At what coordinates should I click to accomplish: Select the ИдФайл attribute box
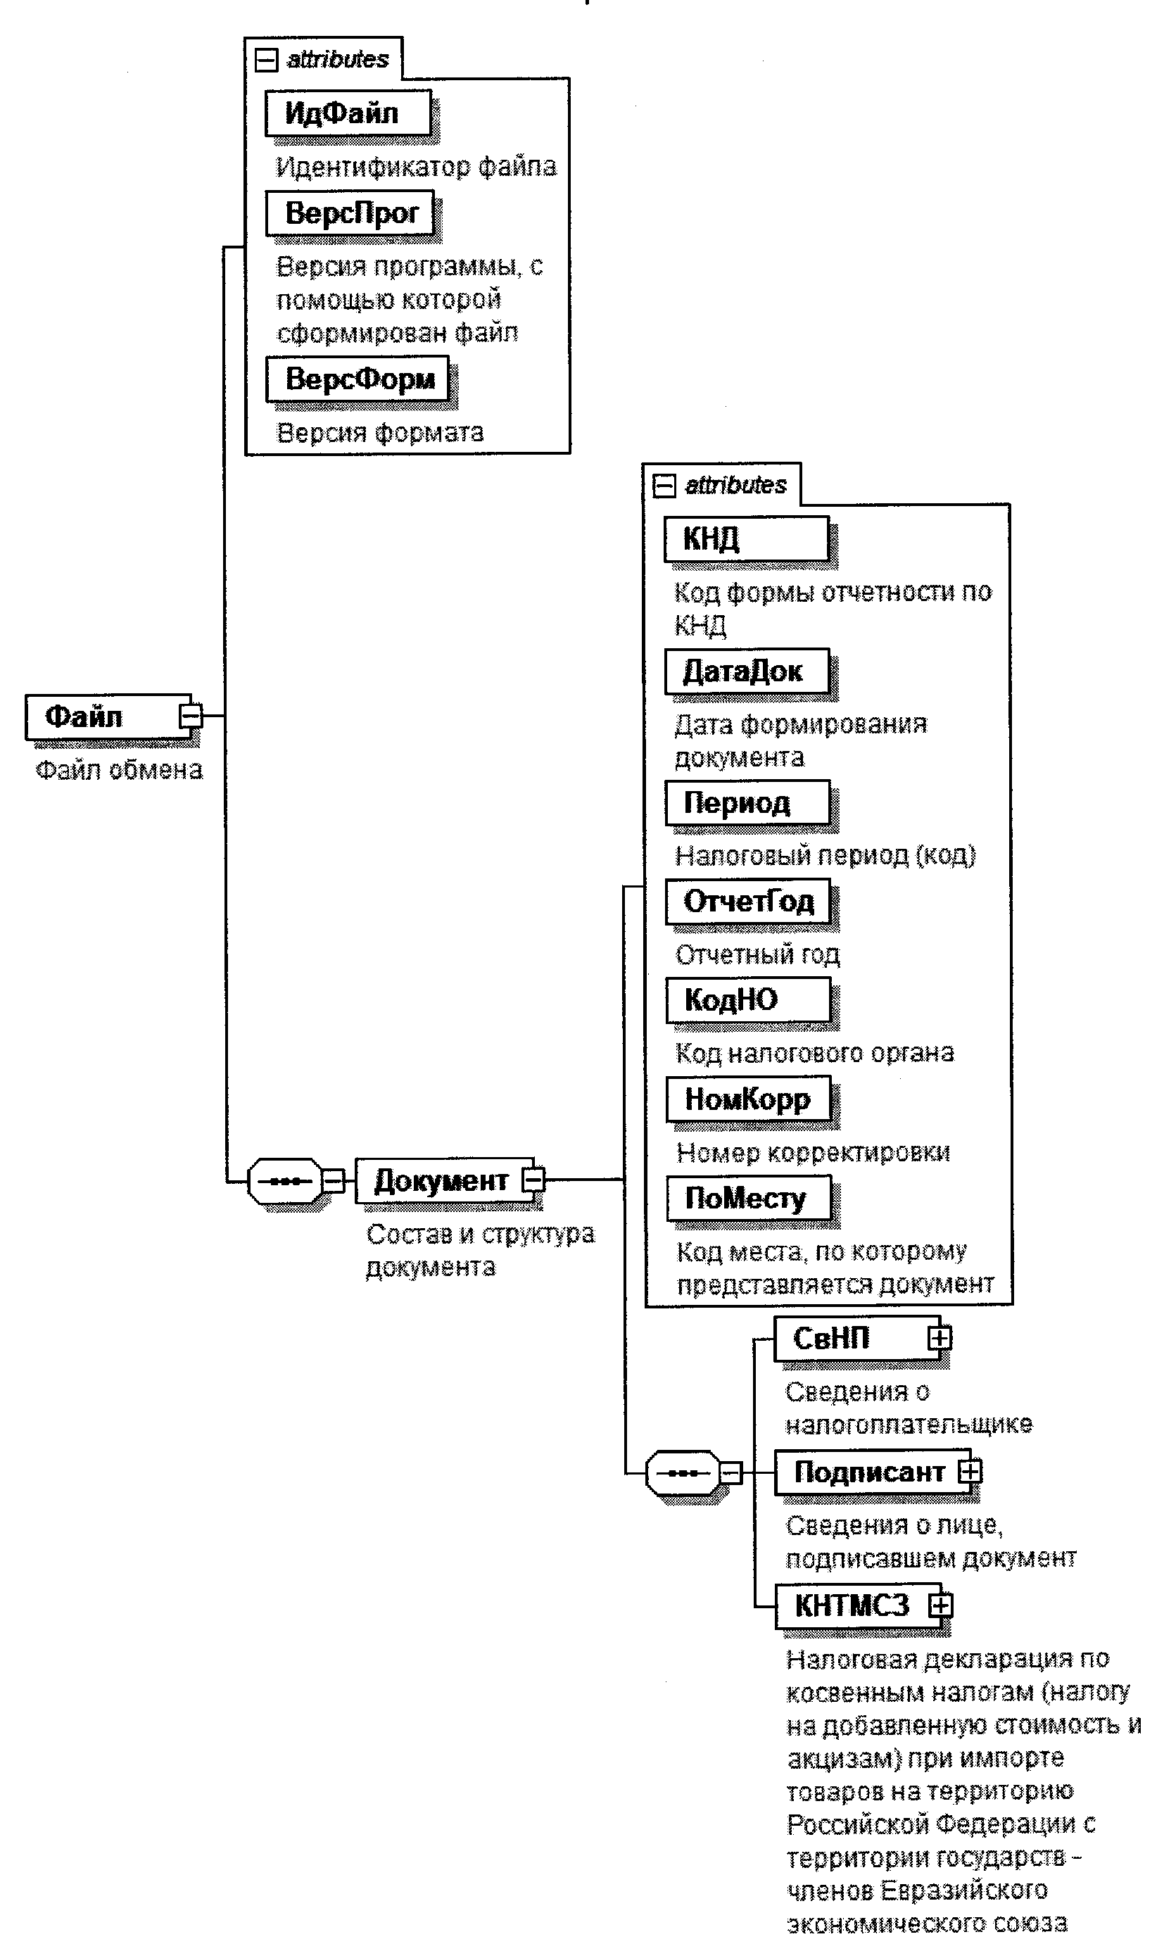tap(348, 114)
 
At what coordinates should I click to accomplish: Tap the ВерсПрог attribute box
tap(350, 213)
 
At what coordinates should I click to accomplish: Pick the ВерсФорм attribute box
tap(358, 379)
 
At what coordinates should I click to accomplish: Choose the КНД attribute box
tap(746, 539)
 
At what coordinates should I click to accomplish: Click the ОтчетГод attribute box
tap(747, 902)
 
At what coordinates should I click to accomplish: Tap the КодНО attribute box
tap(747, 1000)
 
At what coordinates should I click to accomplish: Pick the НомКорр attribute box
tap(748, 1100)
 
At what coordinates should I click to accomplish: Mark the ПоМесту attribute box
tap(748, 1199)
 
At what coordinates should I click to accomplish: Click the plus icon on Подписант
tap(970, 1471)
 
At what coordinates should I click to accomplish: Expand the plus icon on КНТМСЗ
tap(940, 1606)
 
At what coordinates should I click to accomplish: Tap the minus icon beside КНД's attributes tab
tap(664, 486)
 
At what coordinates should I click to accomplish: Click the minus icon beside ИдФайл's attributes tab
tap(267, 60)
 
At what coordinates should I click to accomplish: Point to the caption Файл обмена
tap(119, 769)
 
